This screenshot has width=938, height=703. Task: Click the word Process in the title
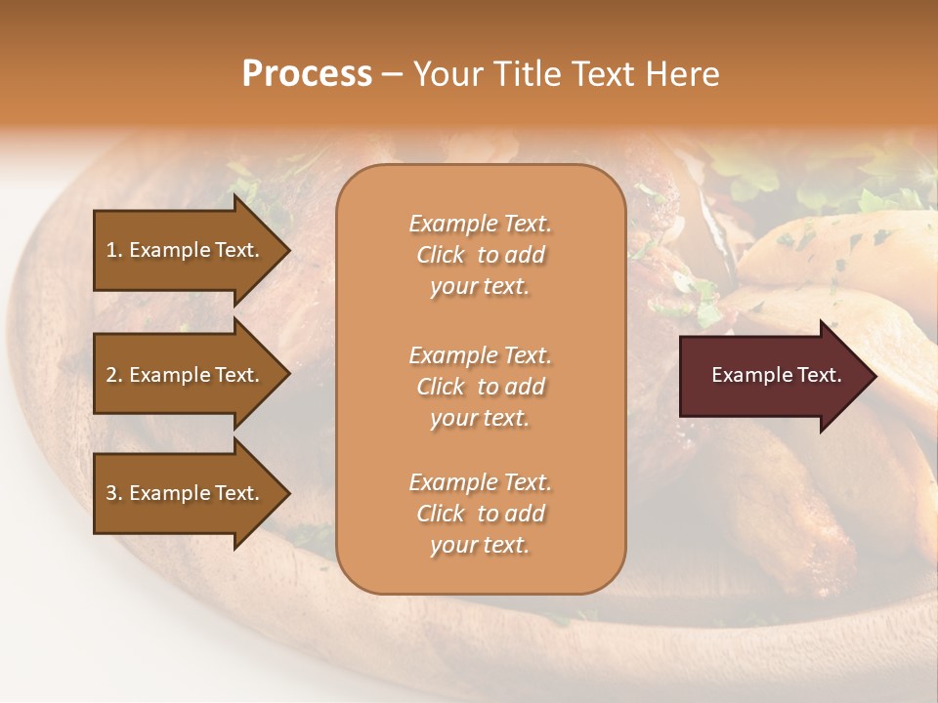tap(307, 74)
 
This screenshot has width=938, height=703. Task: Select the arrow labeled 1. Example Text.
tap(186, 250)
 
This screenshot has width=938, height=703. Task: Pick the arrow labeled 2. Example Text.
tap(186, 375)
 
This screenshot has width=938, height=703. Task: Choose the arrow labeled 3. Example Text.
tap(186, 493)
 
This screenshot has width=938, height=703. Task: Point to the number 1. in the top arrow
tap(114, 250)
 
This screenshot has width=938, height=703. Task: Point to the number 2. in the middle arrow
tap(114, 375)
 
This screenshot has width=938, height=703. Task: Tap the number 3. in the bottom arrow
tap(114, 493)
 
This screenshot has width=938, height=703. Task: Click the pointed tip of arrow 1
tap(286, 250)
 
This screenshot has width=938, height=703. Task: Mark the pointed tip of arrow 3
tap(286, 493)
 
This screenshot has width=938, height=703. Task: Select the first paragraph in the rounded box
tap(480, 255)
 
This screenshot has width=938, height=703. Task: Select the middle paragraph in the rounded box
tap(480, 387)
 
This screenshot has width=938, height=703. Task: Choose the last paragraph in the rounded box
tap(480, 514)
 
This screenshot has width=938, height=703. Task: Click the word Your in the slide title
tap(448, 74)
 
